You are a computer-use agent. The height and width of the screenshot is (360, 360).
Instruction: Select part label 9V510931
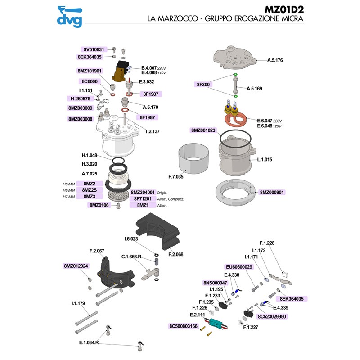94,50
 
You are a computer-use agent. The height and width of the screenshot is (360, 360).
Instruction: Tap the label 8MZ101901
90,71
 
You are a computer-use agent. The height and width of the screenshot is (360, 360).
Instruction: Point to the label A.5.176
276,60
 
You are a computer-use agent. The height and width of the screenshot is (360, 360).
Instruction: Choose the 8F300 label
203,85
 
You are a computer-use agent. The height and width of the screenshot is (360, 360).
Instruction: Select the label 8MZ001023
203,130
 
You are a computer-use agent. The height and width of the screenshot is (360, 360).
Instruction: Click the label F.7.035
176,177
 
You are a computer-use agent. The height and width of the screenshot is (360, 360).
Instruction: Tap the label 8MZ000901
272,192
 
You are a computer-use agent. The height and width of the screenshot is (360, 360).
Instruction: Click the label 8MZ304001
144,192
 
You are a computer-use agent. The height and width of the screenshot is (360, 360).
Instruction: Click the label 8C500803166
183,326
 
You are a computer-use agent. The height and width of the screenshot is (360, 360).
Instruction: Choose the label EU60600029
239,267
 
